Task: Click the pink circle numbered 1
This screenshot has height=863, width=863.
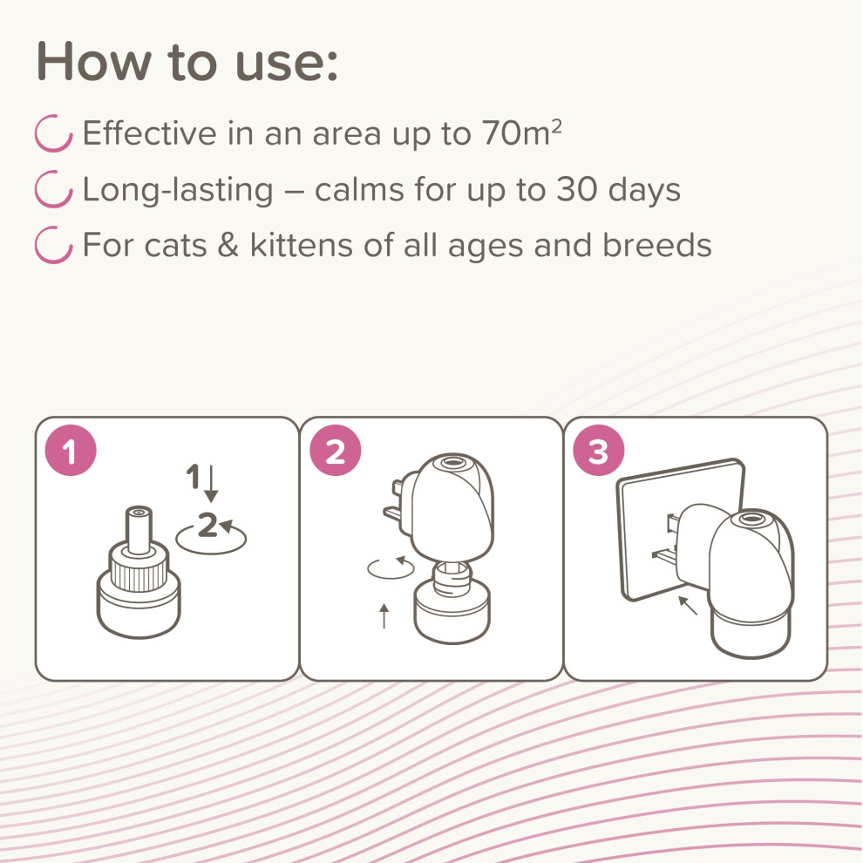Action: coord(71,450)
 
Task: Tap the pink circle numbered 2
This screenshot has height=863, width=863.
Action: coord(336,450)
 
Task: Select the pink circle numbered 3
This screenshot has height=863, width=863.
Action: coord(599,450)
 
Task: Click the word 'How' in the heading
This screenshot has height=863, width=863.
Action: coord(93,62)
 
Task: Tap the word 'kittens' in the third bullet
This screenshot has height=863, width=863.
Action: coord(302,244)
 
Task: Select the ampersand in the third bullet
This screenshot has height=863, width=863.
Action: coord(228,244)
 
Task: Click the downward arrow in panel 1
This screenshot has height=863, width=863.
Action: coord(211,484)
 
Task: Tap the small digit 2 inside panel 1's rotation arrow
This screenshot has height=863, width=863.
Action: coord(207,525)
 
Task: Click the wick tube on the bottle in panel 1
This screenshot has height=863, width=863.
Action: coord(139,529)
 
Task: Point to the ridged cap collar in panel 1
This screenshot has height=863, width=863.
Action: coord(139,569)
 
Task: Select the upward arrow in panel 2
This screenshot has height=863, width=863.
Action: coord(384,616)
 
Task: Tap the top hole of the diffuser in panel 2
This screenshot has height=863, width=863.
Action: coord(452,462)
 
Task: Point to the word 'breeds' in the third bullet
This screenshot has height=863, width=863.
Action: coord(657,244)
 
